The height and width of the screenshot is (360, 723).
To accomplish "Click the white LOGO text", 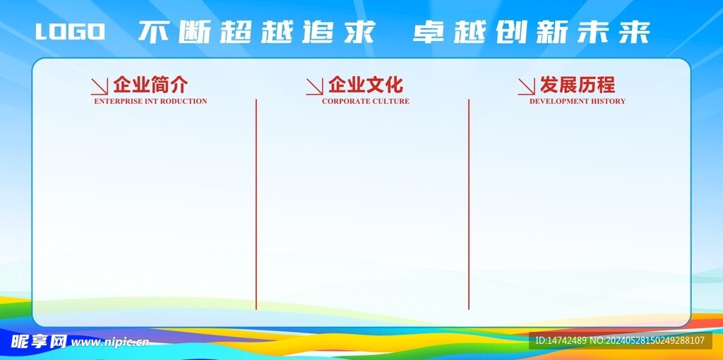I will click(x=70, y=32).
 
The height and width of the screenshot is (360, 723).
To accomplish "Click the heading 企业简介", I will click(x=150, y=85).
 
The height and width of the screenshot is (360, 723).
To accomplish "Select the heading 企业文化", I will click(x=365, y=85).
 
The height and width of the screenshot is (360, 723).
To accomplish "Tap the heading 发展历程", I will click(x=577, y=85).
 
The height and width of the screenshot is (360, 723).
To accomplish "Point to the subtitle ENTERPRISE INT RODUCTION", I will click(x=150, y=101).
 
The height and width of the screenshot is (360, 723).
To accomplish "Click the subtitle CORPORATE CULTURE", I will click(x=365, y=101).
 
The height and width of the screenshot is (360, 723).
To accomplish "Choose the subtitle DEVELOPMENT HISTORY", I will click(x=577, y=101).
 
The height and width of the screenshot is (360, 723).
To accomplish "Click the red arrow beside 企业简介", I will click(x=99, y=86).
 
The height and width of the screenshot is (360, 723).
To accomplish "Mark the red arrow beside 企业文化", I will click(x=314, y=86).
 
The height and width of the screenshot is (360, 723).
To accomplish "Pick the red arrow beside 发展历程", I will click(x=526, y=86).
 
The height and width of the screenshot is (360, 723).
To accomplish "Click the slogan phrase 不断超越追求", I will click(x=256, y=32).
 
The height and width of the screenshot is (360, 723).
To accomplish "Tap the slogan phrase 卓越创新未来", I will click(x=531, y=32).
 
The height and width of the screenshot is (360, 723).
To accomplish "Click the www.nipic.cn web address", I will click(x=111, y=342).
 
